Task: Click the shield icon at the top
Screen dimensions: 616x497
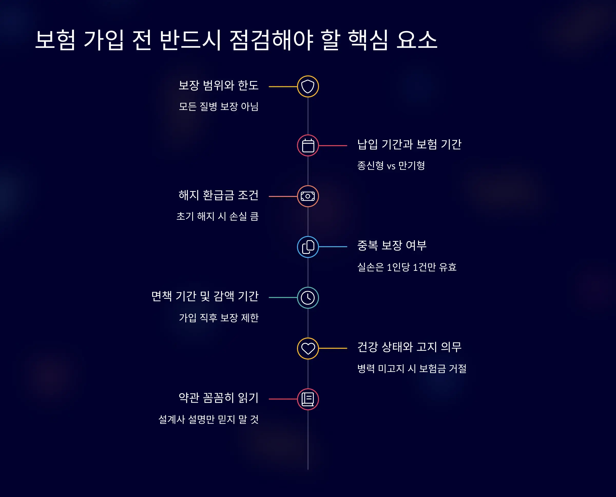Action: coord(308,86)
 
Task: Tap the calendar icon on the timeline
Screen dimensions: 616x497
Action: coord(308,145)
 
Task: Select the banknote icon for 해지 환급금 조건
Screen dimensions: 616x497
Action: coord(308,196)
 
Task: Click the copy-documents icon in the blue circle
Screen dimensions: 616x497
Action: coord(308,247)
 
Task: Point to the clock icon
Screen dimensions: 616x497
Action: coord(308,297)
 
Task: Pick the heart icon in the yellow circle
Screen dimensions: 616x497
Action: coord(308,348)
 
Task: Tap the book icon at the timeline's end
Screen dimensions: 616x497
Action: coord(308,399)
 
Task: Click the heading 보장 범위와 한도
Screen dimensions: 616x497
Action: coord(218,85)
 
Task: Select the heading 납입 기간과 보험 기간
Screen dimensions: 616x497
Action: coord(409,144)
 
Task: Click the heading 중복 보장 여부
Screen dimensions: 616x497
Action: coord(392,246)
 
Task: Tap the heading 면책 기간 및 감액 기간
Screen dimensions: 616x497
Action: coord(205,296)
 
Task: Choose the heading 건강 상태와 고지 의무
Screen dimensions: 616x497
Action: coord(409,347)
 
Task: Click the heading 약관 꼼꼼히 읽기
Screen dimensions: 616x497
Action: coord(218,398)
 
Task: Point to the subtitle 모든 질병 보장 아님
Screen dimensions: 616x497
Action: coord(218,106)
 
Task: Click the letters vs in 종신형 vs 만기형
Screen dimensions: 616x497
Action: coord(391,166)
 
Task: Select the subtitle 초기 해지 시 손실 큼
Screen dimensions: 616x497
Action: coord(217,216)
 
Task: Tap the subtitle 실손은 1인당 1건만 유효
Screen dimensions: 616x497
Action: coord(407,267)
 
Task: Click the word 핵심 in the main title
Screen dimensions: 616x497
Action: coord(368,40)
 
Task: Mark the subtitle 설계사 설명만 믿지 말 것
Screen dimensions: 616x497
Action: coord(208,419)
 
